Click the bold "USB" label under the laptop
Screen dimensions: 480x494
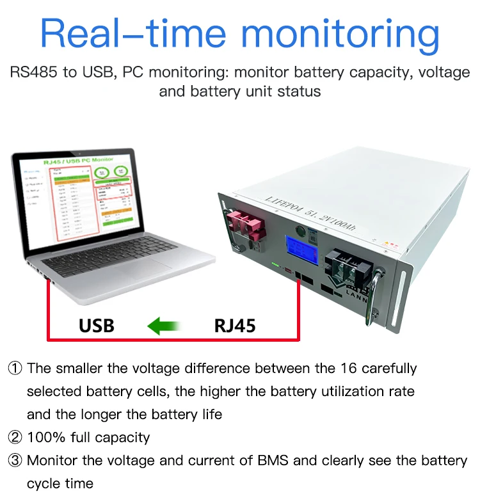[x=96, y=325]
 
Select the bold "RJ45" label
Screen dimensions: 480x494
[x=234, y=325]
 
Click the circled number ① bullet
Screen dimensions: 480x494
[x=15, y=369]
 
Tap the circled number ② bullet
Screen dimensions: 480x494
[x=15, y=438]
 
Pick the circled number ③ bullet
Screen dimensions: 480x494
[x=15, y=461]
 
